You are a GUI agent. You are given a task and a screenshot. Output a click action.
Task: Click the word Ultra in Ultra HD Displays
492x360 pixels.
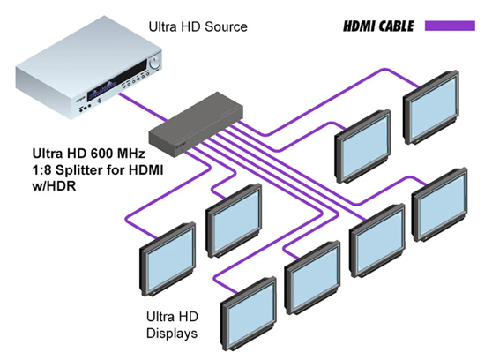[158, 318]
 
